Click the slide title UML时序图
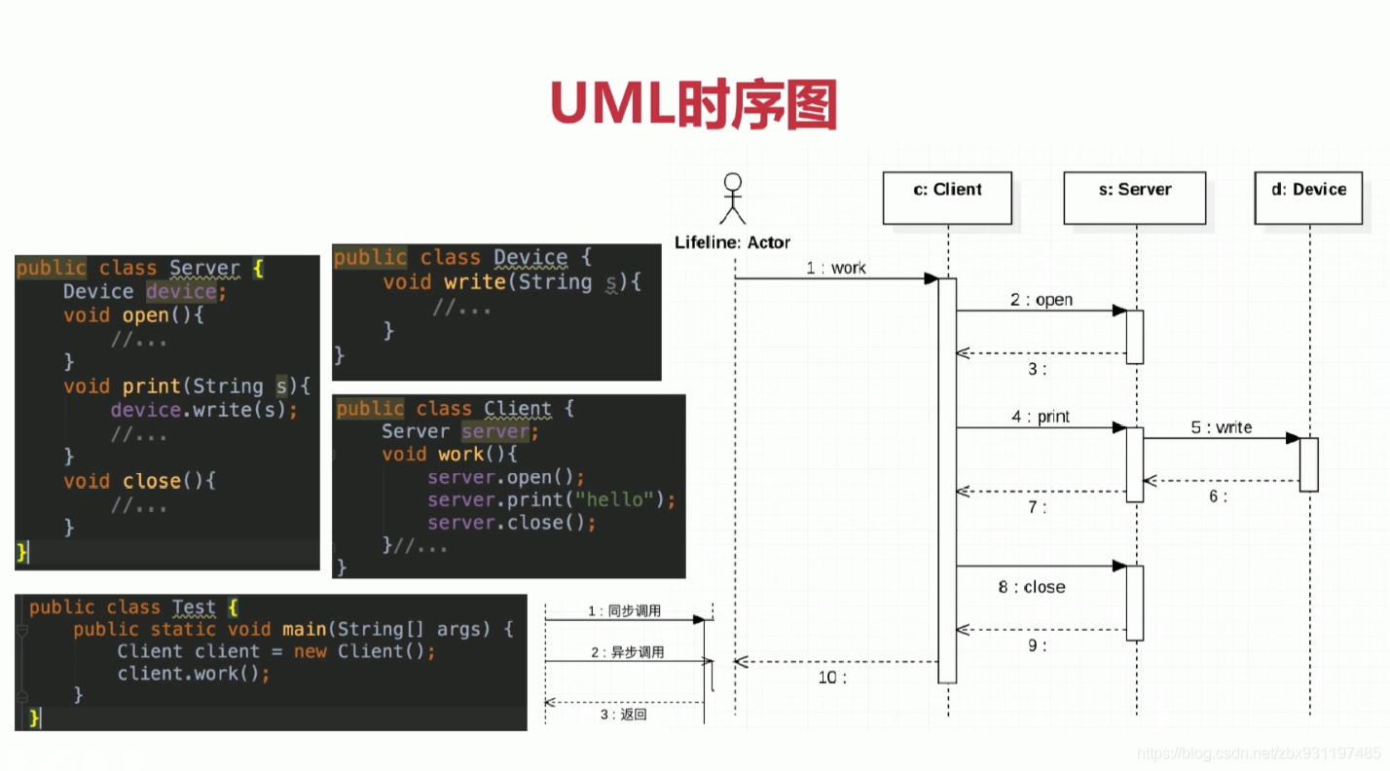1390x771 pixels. (x=693, y=104)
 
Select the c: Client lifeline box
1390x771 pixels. (x=947, y=198)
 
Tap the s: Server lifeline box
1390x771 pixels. (x=1134, y=198)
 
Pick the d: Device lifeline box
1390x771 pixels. (x=1308, y=198)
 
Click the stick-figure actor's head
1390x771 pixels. (x=732, y=182)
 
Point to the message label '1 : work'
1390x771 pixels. (x=835, y=268)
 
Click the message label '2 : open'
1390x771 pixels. (x=1041, y=300)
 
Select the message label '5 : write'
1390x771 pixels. (x=1221, y=427)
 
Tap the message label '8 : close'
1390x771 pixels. (x=1031, y=587)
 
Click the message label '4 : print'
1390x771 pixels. (x=1040, y=417)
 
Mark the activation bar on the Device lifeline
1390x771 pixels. (x=1308, y=464)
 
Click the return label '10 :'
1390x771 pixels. (x=832, y=678)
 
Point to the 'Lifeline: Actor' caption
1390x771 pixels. (x=732, y=242)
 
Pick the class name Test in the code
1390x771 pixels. (x=193, y=607)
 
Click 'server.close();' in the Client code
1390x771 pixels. (x=511, y=524)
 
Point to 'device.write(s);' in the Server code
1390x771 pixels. (x=204, y=410)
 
